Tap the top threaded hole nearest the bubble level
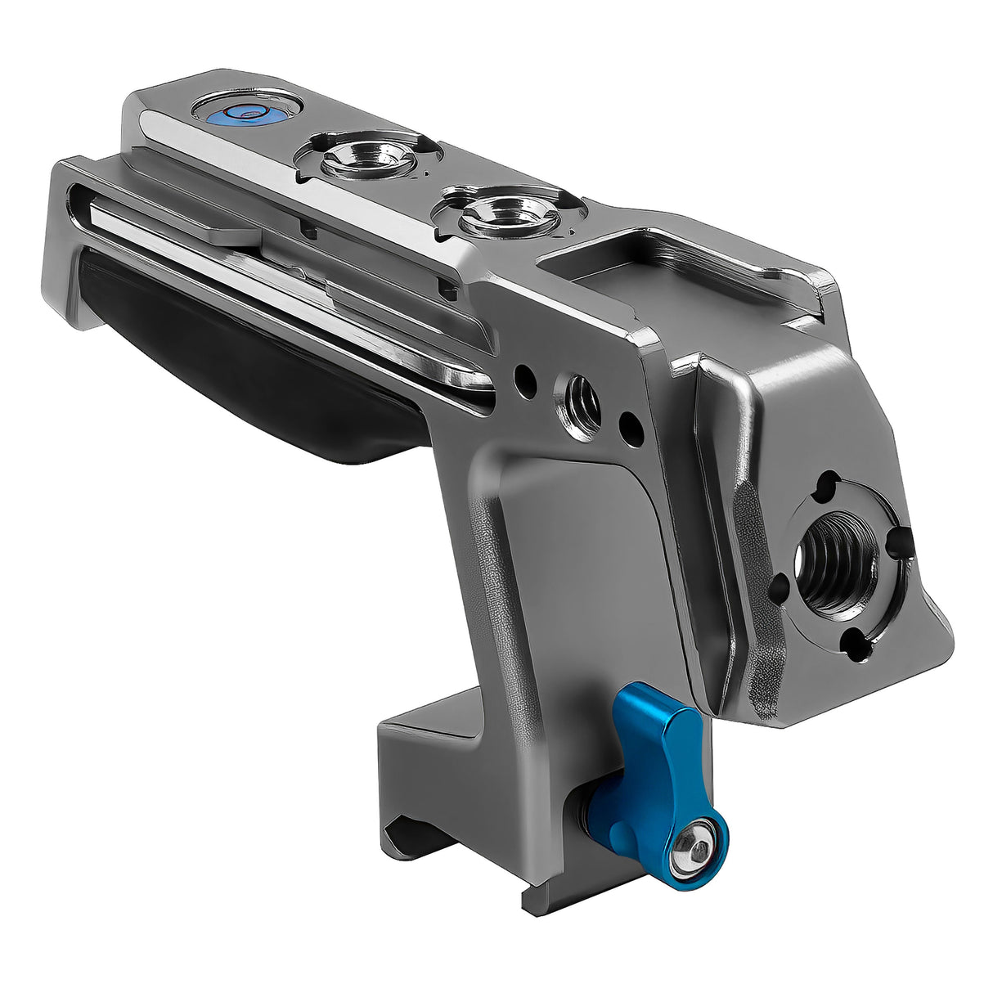click(x=357, y=158)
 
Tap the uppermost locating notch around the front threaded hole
click(x=828, y=480)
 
